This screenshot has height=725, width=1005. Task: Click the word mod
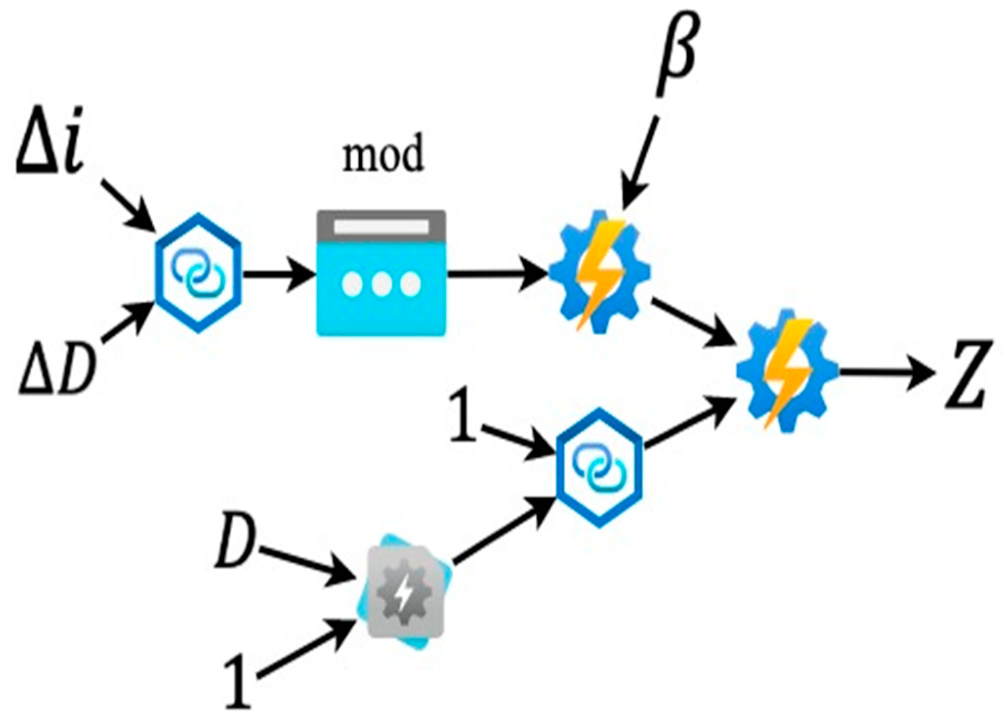click(382, 155)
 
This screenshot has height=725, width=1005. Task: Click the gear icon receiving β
click(599, 271)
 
